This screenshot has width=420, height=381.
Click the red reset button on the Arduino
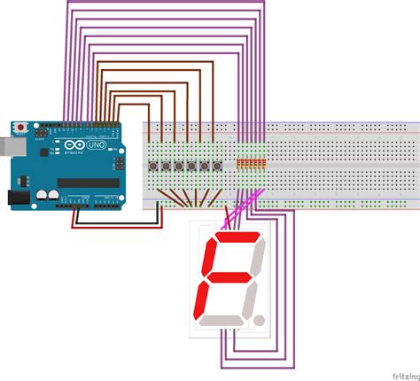(19, 126)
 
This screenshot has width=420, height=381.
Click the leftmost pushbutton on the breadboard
(165, 167)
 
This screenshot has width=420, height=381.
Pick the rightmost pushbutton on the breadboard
(217, 167)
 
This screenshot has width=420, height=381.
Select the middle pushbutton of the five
(191, 167)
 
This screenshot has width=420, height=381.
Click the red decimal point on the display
(259, 316)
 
